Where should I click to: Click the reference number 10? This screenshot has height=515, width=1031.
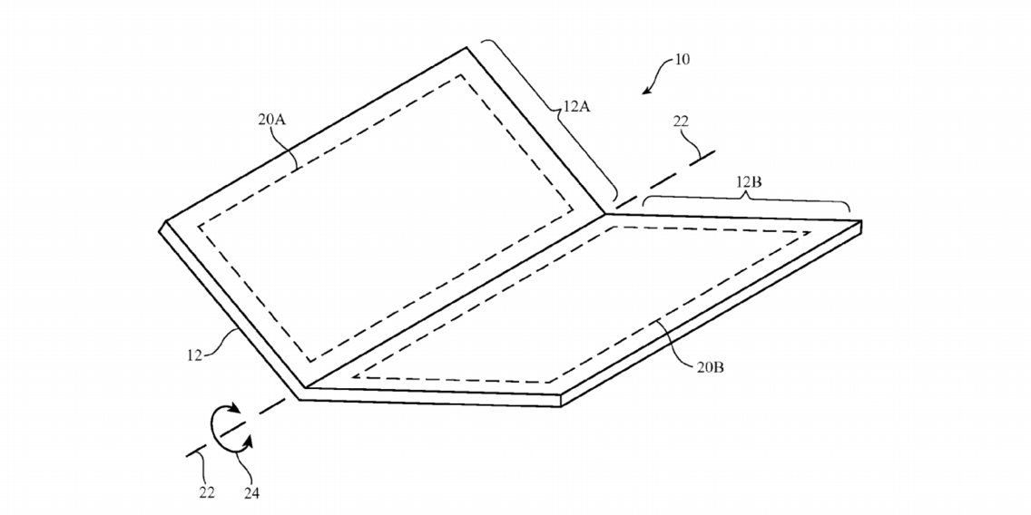682,60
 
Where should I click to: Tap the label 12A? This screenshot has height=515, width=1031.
575,105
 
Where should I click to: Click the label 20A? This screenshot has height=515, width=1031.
272,120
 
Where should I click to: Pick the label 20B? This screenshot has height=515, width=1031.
711,367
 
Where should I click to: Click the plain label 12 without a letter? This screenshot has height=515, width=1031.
194,355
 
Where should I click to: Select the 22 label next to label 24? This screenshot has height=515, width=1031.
207,492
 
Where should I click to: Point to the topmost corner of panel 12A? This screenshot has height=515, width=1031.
466,47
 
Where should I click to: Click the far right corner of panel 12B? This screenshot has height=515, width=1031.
860,222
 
